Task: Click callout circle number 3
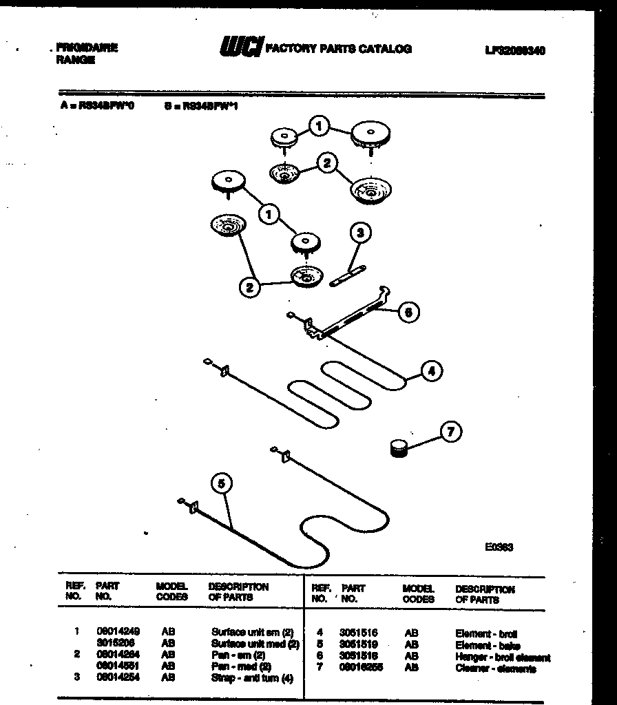tap(360, 233)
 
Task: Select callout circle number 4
tap(431, 372)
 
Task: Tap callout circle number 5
tap(220, 485)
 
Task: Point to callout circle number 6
tap(408, 312)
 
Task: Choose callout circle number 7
tap(450, 432)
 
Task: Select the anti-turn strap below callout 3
tap(348, 277)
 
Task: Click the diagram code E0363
tap(499, 547)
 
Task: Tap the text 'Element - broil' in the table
tap(486, 633)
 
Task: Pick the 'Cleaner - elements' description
tap(495, 669)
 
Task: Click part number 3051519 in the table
tap(357, 645)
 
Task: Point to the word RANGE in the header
tap(75, 61)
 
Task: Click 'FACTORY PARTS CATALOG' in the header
tap(338, 49)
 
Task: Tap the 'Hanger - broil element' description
tap(503, 657)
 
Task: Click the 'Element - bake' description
tap(488, 645)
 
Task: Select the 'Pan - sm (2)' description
tap(238, 656)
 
